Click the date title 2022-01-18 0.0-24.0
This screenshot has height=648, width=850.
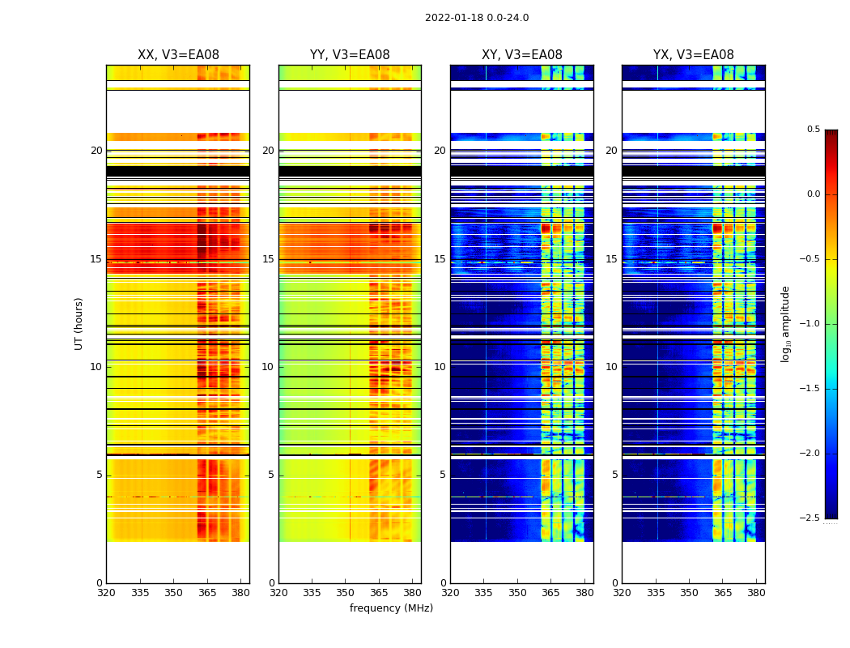click(476, 18)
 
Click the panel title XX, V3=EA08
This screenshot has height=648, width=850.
click(178, 55)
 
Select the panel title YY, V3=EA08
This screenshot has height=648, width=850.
click(350, 55)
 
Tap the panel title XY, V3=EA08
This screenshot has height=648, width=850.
click(521, 55)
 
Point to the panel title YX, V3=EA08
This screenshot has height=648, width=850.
click(693, 55)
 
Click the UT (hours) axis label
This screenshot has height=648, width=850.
click(79, 323)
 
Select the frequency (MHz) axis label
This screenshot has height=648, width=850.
click(391, 608)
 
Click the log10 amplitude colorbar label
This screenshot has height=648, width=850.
click(785, 323)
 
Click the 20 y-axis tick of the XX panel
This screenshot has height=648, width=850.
click(96, 151)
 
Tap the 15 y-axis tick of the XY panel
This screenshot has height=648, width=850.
click(440, 259)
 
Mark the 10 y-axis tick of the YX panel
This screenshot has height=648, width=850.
click(611, 367)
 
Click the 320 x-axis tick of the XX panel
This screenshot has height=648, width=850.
click(106, 592)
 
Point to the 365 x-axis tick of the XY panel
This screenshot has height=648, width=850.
click(550, 592)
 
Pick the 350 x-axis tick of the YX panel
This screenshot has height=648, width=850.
click(689, 592)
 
